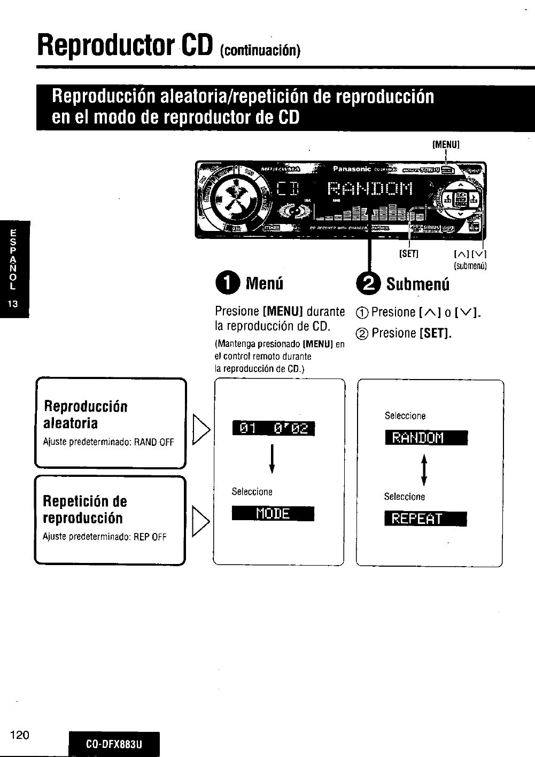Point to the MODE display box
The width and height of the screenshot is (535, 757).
273,514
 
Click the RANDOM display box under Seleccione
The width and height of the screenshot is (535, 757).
425,438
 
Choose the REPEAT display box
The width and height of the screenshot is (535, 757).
425,519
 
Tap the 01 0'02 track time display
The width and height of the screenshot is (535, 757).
273,428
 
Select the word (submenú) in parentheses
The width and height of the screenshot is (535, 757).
470,266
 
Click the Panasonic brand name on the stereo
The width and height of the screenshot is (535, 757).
352,169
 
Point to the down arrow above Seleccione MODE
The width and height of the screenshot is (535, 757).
273,459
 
